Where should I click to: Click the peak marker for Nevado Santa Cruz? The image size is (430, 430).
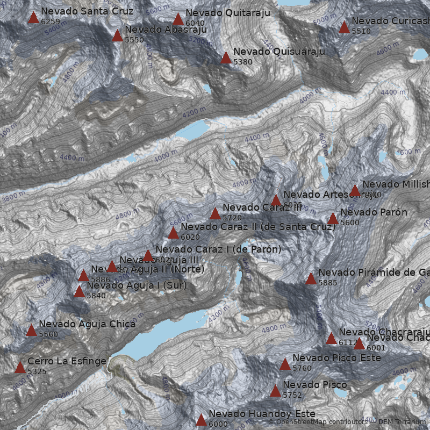[33, 18]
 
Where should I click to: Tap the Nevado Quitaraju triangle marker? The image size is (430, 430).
[178, 19]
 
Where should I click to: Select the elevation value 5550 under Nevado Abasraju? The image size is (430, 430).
[134, 40]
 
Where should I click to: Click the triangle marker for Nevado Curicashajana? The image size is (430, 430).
[344, 27]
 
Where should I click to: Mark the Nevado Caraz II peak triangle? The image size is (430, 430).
[173, 233]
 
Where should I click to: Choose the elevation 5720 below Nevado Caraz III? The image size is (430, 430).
[232, 218]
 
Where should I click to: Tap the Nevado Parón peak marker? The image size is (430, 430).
[333, 219]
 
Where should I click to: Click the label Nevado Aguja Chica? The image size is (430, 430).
[87, 324]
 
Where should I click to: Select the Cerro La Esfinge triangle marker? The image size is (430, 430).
[20, 368]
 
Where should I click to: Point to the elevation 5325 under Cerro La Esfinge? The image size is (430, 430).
[37, 371]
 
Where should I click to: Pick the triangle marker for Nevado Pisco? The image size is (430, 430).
[275, 391]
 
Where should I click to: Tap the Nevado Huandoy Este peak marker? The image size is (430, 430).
[201, 420]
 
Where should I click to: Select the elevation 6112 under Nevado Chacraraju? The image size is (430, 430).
[348, 342]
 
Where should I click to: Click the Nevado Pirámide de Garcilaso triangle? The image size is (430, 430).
[311, 279]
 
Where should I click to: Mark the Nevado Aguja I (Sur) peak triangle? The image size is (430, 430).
[80, 292]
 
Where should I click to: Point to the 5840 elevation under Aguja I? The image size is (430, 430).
[96, 296]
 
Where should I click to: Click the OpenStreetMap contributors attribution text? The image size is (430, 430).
[321, 422]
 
